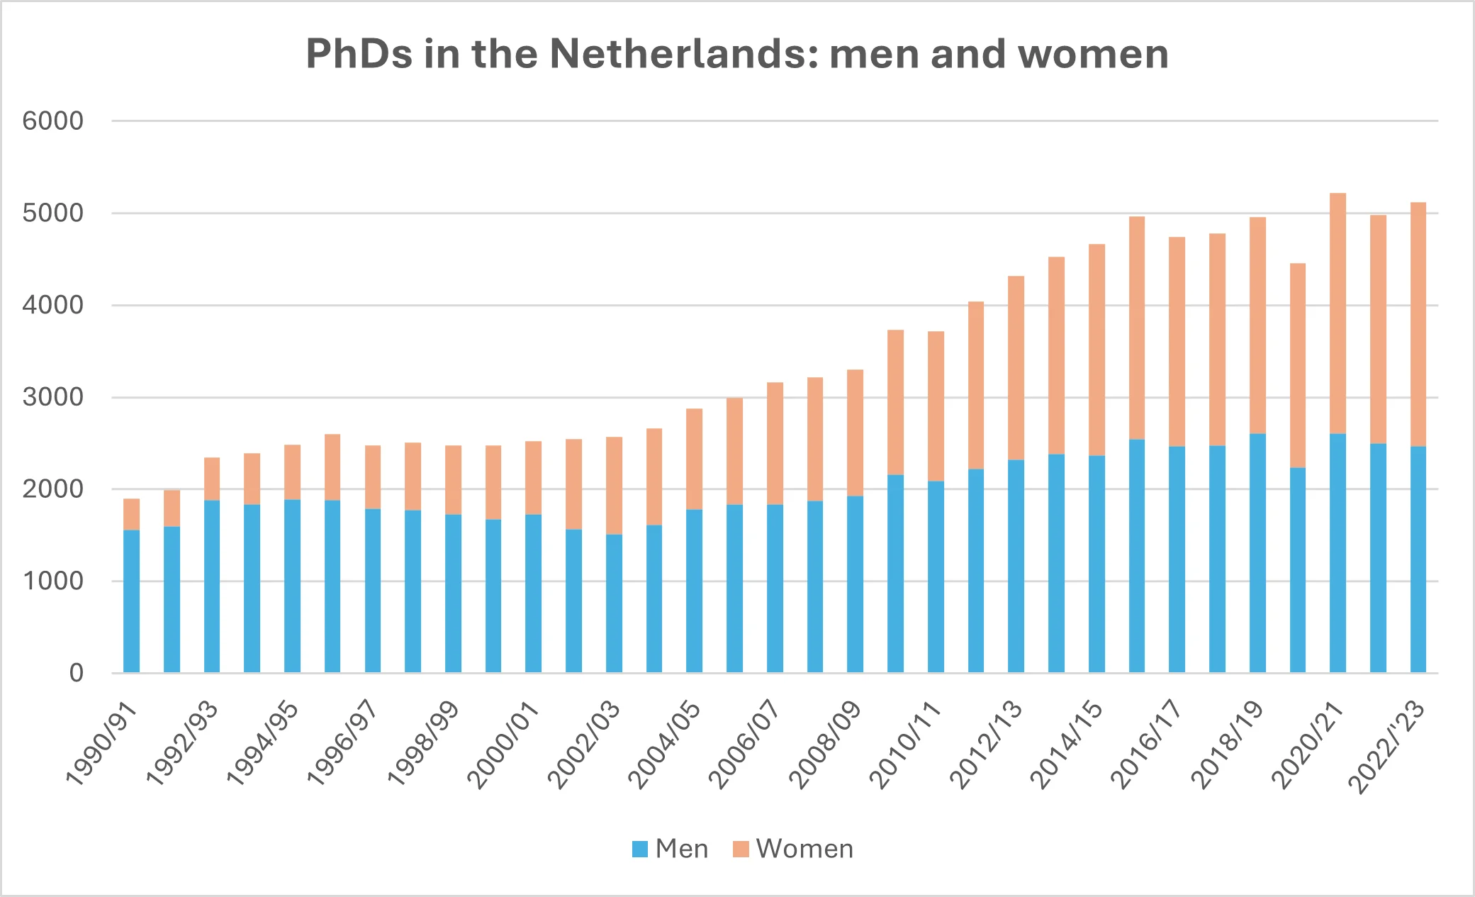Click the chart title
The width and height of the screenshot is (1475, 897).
pyautogui.click(x=737, y=54)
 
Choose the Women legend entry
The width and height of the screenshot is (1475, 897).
pyautogui.click(x=793, y=849)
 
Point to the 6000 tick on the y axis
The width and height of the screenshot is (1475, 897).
pyautogui.click(x=53, y=121)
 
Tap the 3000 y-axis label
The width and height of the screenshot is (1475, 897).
pyautogui.click(x=53, y=397)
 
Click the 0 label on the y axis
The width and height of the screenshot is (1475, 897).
pyautogui.click(x=76, y=673)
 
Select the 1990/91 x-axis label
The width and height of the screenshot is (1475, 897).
pyautogui.click(x=102, y=745)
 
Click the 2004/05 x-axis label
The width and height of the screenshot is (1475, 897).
pyautogui.click(x=665, y=745)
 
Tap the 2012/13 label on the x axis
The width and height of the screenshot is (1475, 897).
pyautogui.click(x=987, y=745)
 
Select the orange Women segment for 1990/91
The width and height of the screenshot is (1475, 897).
pyautogui.click(x=131, y=514)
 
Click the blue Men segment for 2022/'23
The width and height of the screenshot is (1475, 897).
pyautogui.click(x=1418, y=559)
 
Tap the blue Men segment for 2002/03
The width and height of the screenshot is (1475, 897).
pyautogui.click(x=614, y=603)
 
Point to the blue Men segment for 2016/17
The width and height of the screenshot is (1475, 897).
pyautogui.click(x=1177, y=559)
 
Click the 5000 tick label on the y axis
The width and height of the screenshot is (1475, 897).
pyautogui.click(x=53, y=213)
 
